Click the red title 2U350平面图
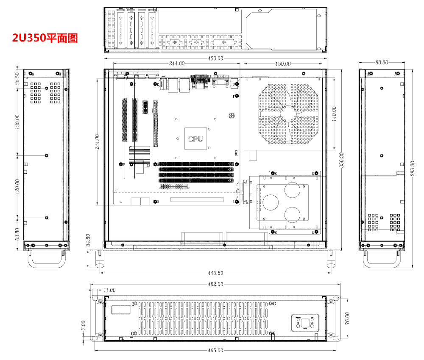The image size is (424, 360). point(45,38)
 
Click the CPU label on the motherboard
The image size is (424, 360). point(195,138)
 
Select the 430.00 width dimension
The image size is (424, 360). point(215,58)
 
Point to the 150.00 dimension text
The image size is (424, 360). point(283,64)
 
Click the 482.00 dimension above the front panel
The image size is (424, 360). point(215,284)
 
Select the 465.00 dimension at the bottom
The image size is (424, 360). point(215,350)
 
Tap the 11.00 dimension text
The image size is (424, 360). point(109,290)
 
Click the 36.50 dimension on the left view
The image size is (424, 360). point(17,79)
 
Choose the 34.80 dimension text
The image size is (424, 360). point(88,241)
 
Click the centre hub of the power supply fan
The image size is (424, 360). point(288,113)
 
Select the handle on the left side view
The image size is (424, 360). point(47,259)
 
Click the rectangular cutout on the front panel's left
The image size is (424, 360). point(120,309)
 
